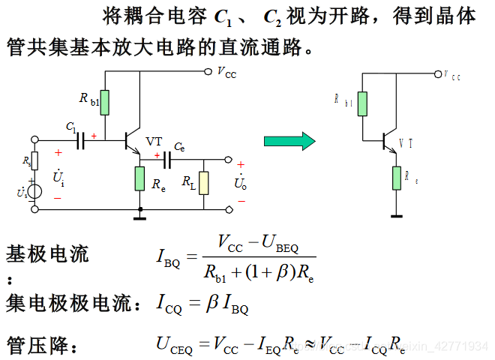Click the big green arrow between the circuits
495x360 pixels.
tap(289, 140)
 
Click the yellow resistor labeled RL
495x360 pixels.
tap(204, 182)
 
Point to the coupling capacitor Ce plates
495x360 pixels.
tap(168, 159)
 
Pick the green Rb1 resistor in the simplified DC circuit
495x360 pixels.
tap(361, 103)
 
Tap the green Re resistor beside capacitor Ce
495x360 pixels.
tap(139, 179)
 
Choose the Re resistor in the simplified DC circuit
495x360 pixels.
tap(394, 178)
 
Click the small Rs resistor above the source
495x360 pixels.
tap(34, 161)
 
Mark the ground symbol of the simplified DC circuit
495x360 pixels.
tap(394, 216)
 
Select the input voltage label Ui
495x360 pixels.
tap(58, 178)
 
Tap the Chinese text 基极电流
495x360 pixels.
tap(47, 254)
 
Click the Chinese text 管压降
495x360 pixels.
tap(37, 346)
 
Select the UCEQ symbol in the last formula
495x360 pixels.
tap(174, 346)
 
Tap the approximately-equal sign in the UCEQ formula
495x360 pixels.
tap(308, 346)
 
